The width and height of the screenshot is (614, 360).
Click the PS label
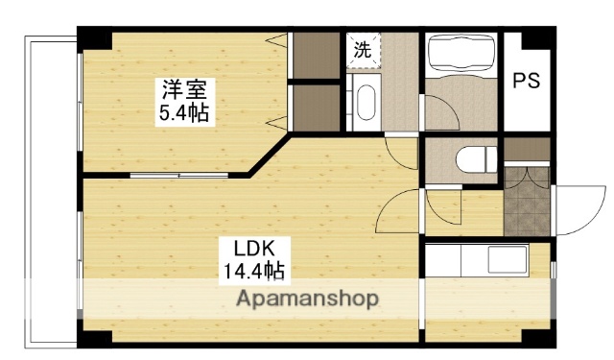coord(526,81)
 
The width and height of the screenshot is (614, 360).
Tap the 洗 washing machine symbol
coord(363,51)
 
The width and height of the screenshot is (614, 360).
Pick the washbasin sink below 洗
coord(366,104)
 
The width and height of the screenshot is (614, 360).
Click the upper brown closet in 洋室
coord(316,56)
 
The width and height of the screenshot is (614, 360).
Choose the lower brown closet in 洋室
coord(316,108)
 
